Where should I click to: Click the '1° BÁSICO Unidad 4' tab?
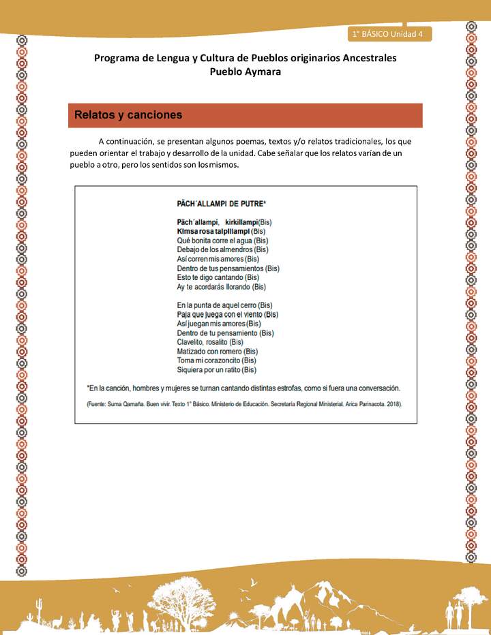click(x=388, y=34)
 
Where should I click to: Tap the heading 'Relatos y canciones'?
click(x=128, y=115)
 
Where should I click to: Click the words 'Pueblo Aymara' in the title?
click(x=245, y=71)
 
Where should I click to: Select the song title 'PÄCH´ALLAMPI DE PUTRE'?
click(x=221, y=203)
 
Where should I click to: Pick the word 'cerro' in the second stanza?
click(x=247, y=305)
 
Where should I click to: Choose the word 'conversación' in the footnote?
click(x=376, y=388)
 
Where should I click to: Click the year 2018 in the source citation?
click(x=392, y=404)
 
